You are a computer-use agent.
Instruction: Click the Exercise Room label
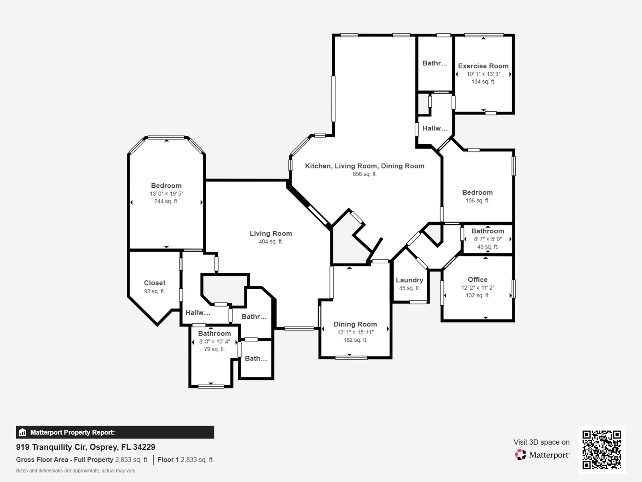click(483, 66)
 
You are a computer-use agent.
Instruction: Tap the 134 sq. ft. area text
click(483, 82)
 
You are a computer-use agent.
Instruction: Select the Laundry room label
click(409, 280)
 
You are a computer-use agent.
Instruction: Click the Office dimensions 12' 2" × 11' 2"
click(477, 287)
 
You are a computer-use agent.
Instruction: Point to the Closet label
click(155, 283)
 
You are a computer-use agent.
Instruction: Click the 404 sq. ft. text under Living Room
click(271, 241)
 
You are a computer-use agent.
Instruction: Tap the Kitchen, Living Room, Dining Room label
click(365, 166)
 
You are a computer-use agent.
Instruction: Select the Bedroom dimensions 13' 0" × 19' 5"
click(166, 194)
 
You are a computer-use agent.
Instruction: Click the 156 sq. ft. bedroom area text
click(477, 201)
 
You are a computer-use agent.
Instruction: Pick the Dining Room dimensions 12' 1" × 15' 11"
click(355, 332)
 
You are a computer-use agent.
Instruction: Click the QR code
click(602, 449)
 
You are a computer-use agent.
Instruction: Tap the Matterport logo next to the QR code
click(542, 454)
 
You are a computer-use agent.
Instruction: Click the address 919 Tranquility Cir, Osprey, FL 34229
click(86, 447)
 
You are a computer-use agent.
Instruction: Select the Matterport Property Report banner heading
click(72, 432)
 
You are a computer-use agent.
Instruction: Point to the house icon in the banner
click(22, 432)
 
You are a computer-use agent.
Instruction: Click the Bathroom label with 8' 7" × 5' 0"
click(487, 231)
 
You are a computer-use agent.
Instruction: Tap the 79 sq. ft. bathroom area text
click(214, 349)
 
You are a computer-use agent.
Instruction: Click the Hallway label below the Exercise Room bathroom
click(434, 128)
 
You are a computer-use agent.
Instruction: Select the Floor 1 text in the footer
click(168, 459)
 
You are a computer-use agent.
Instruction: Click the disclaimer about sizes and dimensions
click(76, 471)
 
